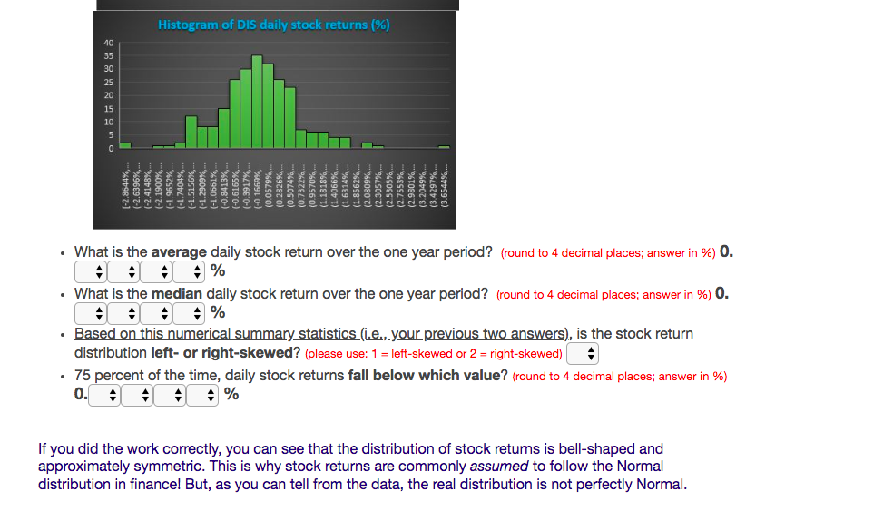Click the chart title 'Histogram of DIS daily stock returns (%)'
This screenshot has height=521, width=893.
click(273, 25)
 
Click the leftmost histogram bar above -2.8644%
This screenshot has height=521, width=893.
click(125, 145)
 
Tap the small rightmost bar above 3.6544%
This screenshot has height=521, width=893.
click(444, 147)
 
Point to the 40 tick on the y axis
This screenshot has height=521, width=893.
click(109, 43)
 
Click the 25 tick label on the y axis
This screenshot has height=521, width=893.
click(109, 83)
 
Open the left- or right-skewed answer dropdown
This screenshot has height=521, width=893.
click(583, 353)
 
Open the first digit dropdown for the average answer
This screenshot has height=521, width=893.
click(92, 271)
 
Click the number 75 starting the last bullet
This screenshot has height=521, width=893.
click(83, 375)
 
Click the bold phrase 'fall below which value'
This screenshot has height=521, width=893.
click(424, 375)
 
